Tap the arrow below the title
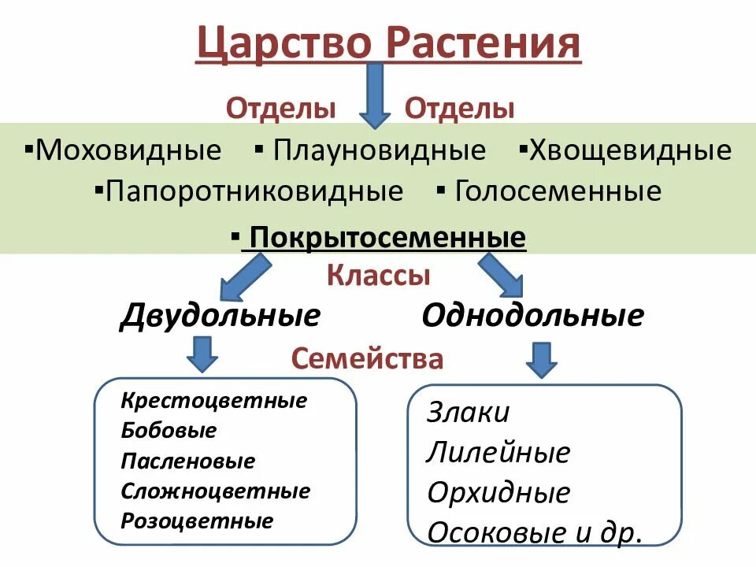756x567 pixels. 375,95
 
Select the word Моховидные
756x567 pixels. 128,150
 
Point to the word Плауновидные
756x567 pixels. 379,150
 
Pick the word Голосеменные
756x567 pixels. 558,191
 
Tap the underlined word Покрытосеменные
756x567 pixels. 387,237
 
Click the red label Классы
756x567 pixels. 378,276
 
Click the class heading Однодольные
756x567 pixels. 532,316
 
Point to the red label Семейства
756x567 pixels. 367,359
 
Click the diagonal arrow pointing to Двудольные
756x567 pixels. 243,278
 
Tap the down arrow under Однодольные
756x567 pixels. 541,359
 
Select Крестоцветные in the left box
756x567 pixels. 213,401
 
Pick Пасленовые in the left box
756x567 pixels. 188,461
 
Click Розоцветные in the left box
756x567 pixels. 197,521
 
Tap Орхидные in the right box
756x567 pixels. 498,493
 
